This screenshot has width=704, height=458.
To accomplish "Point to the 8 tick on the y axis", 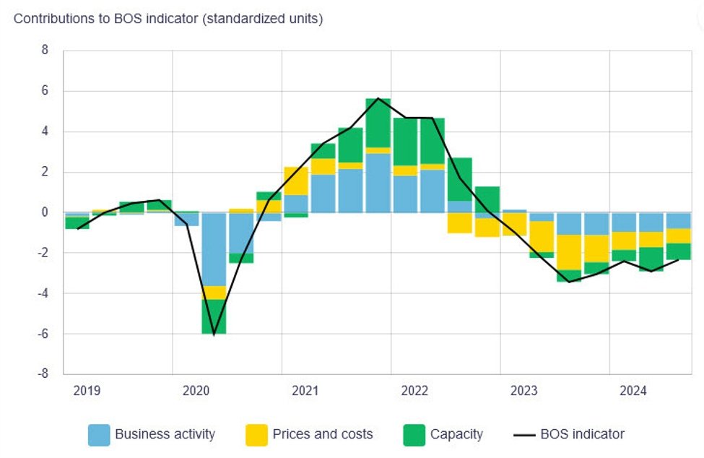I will tap(45, 51).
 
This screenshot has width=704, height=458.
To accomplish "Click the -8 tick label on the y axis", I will tap(43, 374).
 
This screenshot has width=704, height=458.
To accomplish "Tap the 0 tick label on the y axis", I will tap(45, 212).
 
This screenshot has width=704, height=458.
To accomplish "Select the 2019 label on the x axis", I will tap(87, 391).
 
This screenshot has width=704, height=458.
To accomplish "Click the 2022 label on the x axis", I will tap(414, 391).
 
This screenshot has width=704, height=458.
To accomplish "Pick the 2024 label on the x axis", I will tap(633, 391).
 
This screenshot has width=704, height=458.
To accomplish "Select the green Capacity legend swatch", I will tap(414, 435).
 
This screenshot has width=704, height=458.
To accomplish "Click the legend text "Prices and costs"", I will tap(322, 435).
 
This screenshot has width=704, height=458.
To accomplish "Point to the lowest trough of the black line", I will tap(214, 334).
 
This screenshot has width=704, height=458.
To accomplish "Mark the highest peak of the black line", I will tap(378, 98).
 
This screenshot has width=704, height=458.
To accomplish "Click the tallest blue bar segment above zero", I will tap(378, 183).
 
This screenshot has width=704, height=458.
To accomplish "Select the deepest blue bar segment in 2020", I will tap(214, 249).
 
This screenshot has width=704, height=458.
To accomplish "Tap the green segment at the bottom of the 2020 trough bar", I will tap(214, 316).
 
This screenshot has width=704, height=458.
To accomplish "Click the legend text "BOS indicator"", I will tap(582, 435).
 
